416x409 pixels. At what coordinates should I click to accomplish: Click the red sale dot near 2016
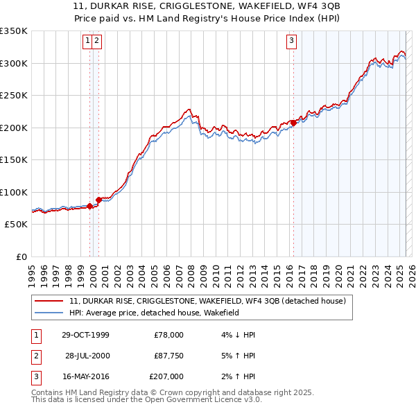293,123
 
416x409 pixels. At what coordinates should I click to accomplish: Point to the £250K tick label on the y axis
14,96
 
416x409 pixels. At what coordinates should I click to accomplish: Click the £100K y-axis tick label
14,193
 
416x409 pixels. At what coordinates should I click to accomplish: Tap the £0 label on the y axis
21,257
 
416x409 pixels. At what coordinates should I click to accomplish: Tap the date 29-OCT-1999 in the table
85,335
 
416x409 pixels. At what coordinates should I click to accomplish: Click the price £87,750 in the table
168,356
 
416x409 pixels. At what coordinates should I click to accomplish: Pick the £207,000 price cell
166,376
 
